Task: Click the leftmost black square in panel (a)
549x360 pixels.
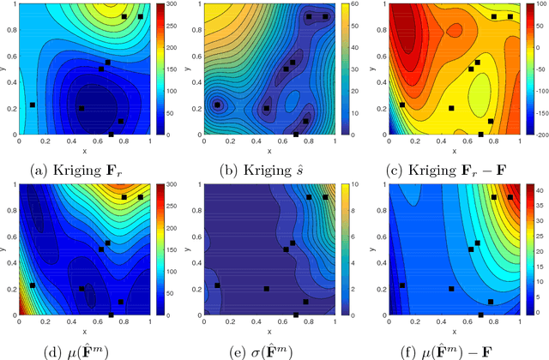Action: pos(32,105)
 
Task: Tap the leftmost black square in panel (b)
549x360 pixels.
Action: pos(217,105)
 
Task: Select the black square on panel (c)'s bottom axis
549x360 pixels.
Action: pos(481,134)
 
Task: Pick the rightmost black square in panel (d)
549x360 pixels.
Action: pos(141,197)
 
